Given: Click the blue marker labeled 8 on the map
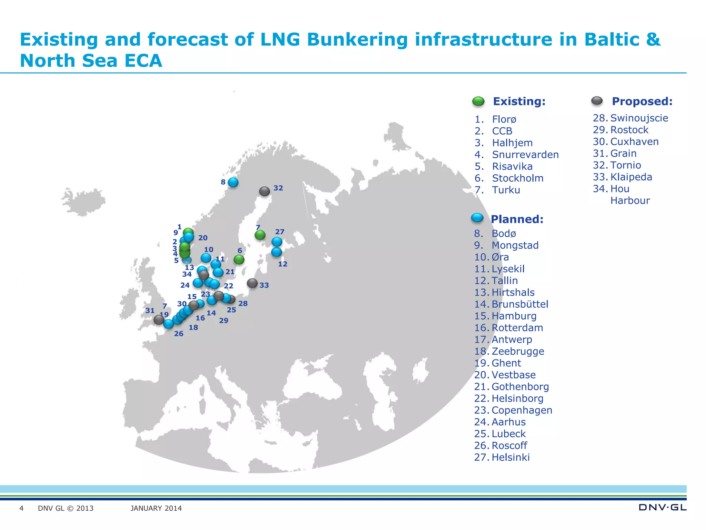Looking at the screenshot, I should pyautogui.click(x=233, y=182).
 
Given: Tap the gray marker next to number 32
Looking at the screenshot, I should pyautogui.click(x=264, y=191).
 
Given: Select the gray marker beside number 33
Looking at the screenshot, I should pyautogui.click(x=252, y=283).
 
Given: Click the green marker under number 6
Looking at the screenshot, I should pyautogui.click(x=239, y=259).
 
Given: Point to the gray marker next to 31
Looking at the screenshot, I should pyautogui.click(x=159, y=320).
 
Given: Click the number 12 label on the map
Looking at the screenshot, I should pyautogui.click(x=283, y=264).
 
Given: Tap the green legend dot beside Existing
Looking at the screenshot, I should pyautogui.click(x=478, y=101).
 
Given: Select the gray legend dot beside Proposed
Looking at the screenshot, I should pyautogui.click(x=597, y=101).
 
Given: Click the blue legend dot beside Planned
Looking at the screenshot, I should pyautogui.click(x=477, y=218).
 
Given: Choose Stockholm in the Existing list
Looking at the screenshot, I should pyautogui.click(x=517, y=178).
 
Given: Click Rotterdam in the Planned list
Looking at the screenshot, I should pyautogui.click(x=517, y=328).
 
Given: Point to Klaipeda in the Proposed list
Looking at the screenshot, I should pyautogui.click(x=631, y=177).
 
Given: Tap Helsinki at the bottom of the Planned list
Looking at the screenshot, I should pyautogui.click(x=511, y=457).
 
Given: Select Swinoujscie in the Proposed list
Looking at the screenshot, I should pyautogui.click(x=639, y=118).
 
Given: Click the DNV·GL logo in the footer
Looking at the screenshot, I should pyautogui.click(x=662, y=508).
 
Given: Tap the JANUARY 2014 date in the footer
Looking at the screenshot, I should pyautogui.click(x=156, y=508).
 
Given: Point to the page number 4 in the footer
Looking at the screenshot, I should pyautogui.click(x=21, y=508).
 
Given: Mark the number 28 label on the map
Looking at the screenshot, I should pyautogui.click(x=243, y=304).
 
